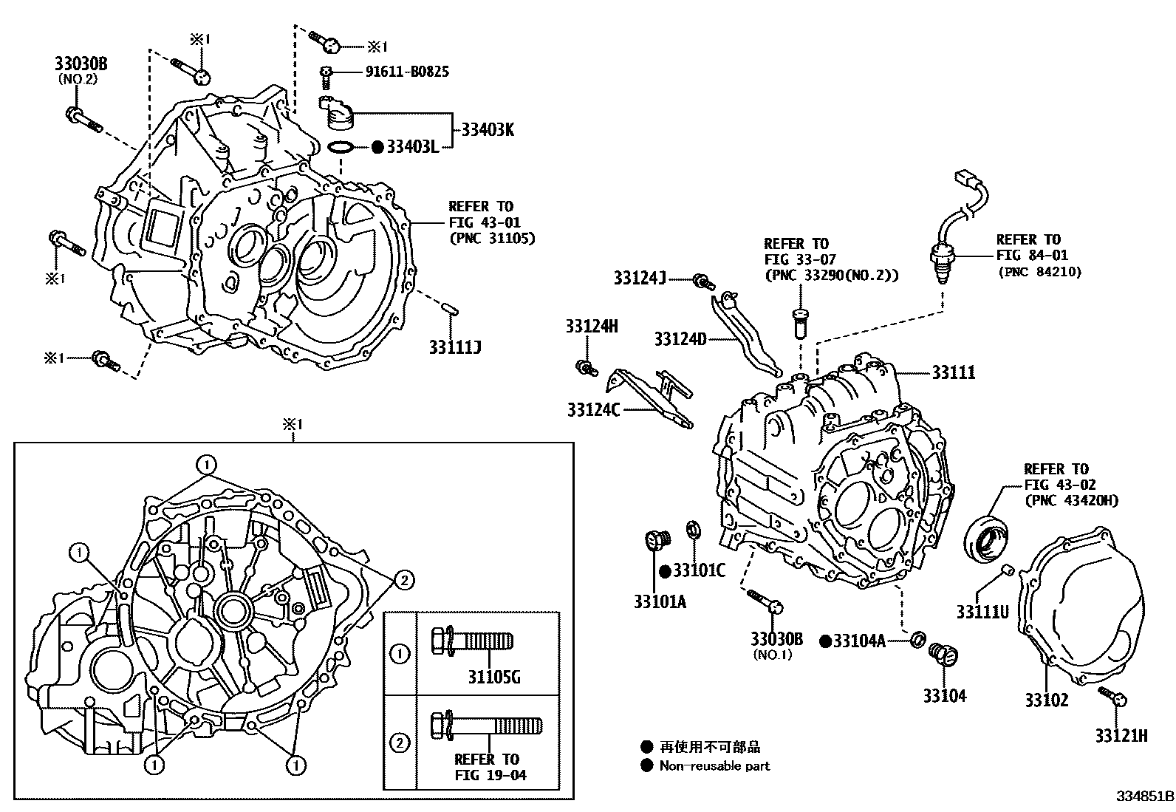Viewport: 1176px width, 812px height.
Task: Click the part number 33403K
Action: [488, 130]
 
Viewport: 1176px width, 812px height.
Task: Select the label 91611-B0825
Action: [407, 72]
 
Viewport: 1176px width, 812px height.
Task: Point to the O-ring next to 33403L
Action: [340, 147]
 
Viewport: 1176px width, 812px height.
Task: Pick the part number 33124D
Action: [680, 339]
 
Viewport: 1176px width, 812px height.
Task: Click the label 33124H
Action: [592, 326]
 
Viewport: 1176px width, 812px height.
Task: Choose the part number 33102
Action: [1046, 699]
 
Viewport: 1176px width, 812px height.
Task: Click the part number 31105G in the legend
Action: [493, 676]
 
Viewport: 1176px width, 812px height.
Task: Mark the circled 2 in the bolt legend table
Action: [400, 743]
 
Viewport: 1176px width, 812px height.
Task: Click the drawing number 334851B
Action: [1144, 797]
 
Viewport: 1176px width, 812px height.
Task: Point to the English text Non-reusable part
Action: [714, 766]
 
